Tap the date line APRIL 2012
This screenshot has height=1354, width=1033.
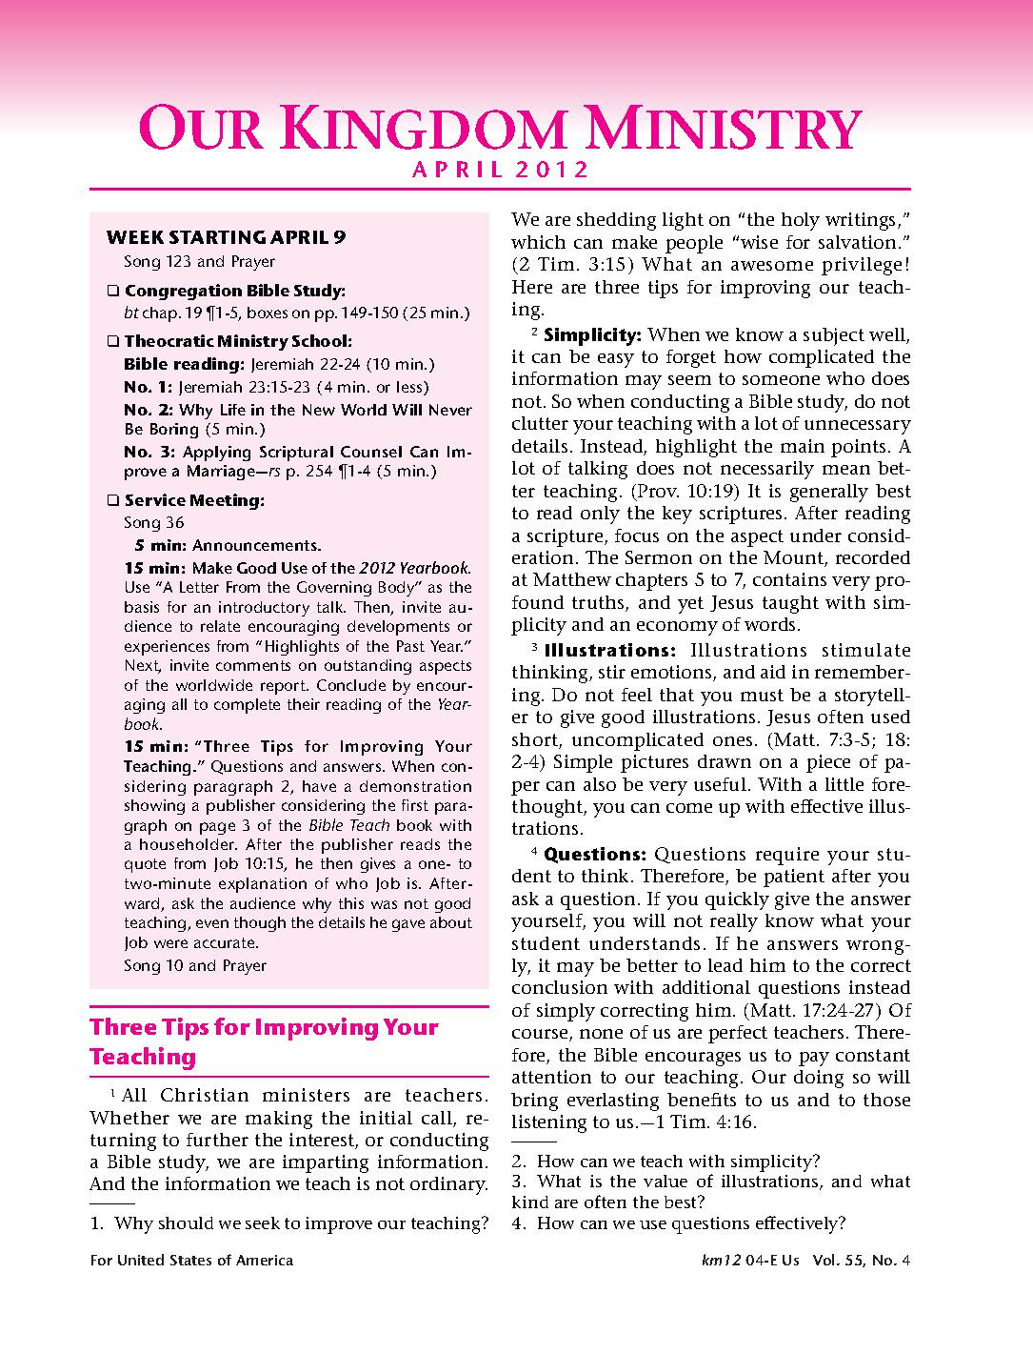501,172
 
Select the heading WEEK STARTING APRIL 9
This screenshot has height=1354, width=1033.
226,237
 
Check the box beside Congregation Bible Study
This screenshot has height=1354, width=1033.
113,292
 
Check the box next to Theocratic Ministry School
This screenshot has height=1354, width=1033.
113,342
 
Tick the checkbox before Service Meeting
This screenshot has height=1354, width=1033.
113,501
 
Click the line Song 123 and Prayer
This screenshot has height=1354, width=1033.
199,262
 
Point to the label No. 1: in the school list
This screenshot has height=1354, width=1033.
149,388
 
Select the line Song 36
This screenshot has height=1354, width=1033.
154,523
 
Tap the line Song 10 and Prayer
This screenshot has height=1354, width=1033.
195,966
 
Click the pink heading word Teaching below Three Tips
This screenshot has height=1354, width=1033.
143,1057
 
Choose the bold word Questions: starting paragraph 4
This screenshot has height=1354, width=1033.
595,855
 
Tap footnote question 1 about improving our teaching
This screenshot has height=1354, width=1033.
289,1223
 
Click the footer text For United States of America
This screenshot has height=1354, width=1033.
191,1261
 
